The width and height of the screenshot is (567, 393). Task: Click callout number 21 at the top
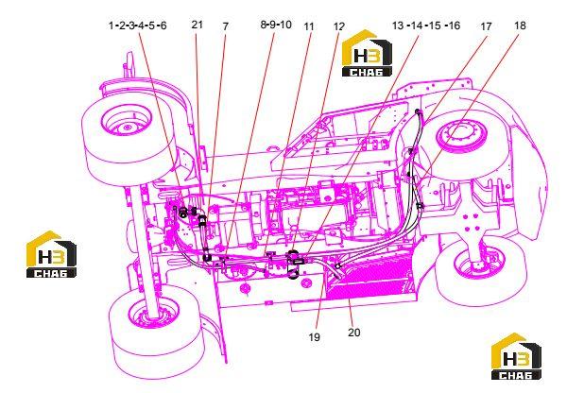(x=198, y=25)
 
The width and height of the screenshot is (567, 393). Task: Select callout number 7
(x=225, y=26)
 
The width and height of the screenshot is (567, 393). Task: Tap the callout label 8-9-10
(x=276, y=25)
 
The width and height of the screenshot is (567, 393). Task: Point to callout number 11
(x=309, y=26)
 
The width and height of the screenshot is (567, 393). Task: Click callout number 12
(x=339, y=26)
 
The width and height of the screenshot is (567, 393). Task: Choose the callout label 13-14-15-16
(x=426, y=26)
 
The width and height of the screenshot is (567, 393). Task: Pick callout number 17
(x=486, y=26)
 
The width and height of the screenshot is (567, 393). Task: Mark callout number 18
(x=520, y=26)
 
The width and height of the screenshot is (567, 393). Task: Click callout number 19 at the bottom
(x=315, y=337)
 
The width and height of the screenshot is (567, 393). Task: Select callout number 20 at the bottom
(x=354, y=333)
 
